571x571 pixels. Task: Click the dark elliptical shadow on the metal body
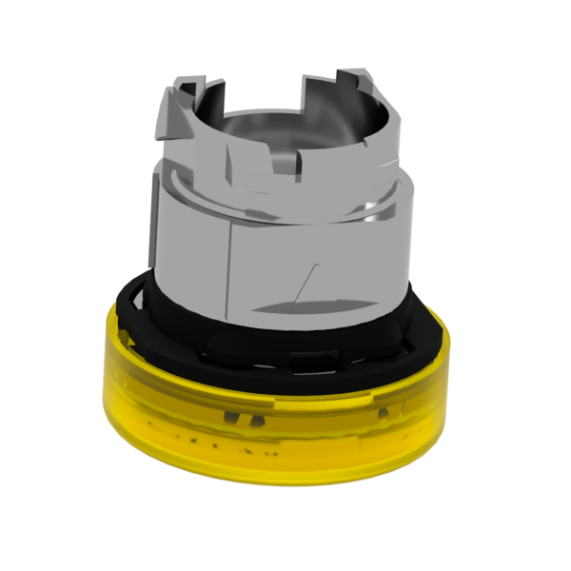(x=305, y=306)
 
